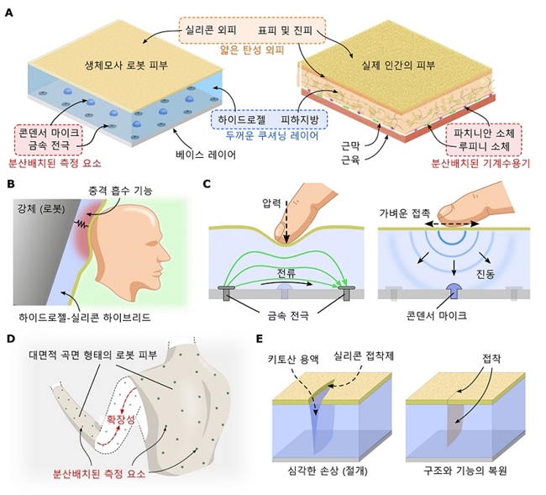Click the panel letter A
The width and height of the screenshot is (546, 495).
tap(9, 13)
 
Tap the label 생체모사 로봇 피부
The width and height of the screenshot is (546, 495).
tap(126, 66)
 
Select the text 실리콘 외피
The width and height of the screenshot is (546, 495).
tap(211, 30)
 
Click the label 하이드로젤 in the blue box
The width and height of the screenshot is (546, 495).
tap(242, 120)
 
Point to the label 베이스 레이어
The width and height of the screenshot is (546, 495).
tap(206, 155)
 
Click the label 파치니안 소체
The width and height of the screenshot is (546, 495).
tap(484, 133)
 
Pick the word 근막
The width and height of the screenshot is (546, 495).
tap(350, 146)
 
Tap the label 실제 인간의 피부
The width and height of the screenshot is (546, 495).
tap(398, 66)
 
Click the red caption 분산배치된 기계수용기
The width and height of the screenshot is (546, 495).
tap(480, 163)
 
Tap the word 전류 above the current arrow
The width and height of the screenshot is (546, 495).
tap(286, 272)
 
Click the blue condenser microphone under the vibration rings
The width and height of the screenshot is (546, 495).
tap(454, 291)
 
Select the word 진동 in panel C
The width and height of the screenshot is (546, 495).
tap(486, 274)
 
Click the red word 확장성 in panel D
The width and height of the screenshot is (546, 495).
tap(121, 419)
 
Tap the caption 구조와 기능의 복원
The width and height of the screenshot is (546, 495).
tap(465, 471)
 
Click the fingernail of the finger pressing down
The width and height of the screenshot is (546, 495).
tap(280, 231)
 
